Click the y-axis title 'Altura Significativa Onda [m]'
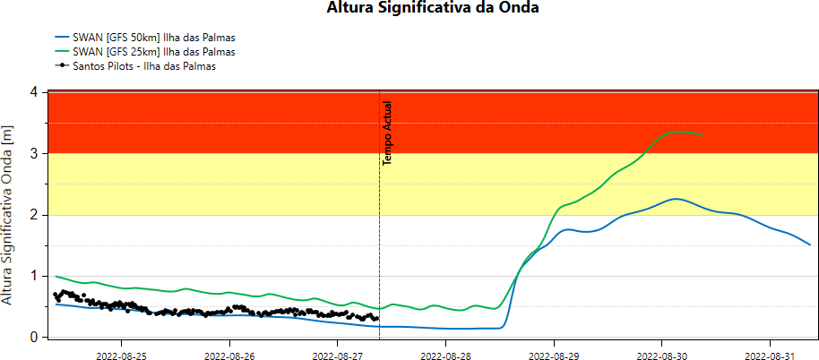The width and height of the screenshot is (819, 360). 9,215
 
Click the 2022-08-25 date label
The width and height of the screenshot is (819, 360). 121,355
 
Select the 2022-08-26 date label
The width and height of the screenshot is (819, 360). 229,355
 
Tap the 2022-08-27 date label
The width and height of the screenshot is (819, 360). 337,355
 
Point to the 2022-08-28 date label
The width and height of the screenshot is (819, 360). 445,355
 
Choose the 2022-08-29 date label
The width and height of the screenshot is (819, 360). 554,355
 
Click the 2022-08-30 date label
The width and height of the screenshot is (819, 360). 661,355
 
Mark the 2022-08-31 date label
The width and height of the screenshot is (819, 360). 770,355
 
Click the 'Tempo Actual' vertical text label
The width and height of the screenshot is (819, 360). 388,133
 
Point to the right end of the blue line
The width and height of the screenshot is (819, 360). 810,244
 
